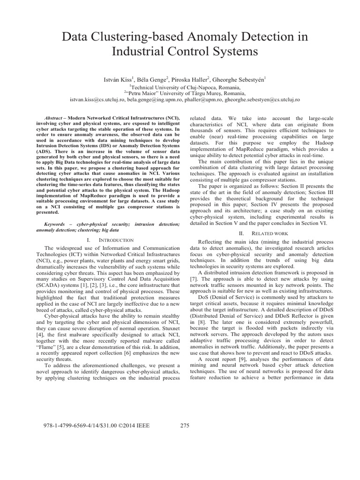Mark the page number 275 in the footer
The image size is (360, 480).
point(184,426)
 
